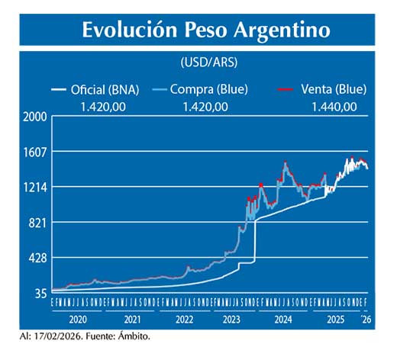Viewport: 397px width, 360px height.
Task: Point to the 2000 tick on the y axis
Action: (36, 117)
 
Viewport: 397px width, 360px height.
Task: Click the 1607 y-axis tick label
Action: (36, 152)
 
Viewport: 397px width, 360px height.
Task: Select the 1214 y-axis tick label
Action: (36, 187)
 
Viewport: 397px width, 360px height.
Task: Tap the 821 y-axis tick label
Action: (38, 223)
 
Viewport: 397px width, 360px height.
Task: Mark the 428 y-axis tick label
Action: (38, 258)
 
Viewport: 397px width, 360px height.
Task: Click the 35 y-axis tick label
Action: (40, 293)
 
